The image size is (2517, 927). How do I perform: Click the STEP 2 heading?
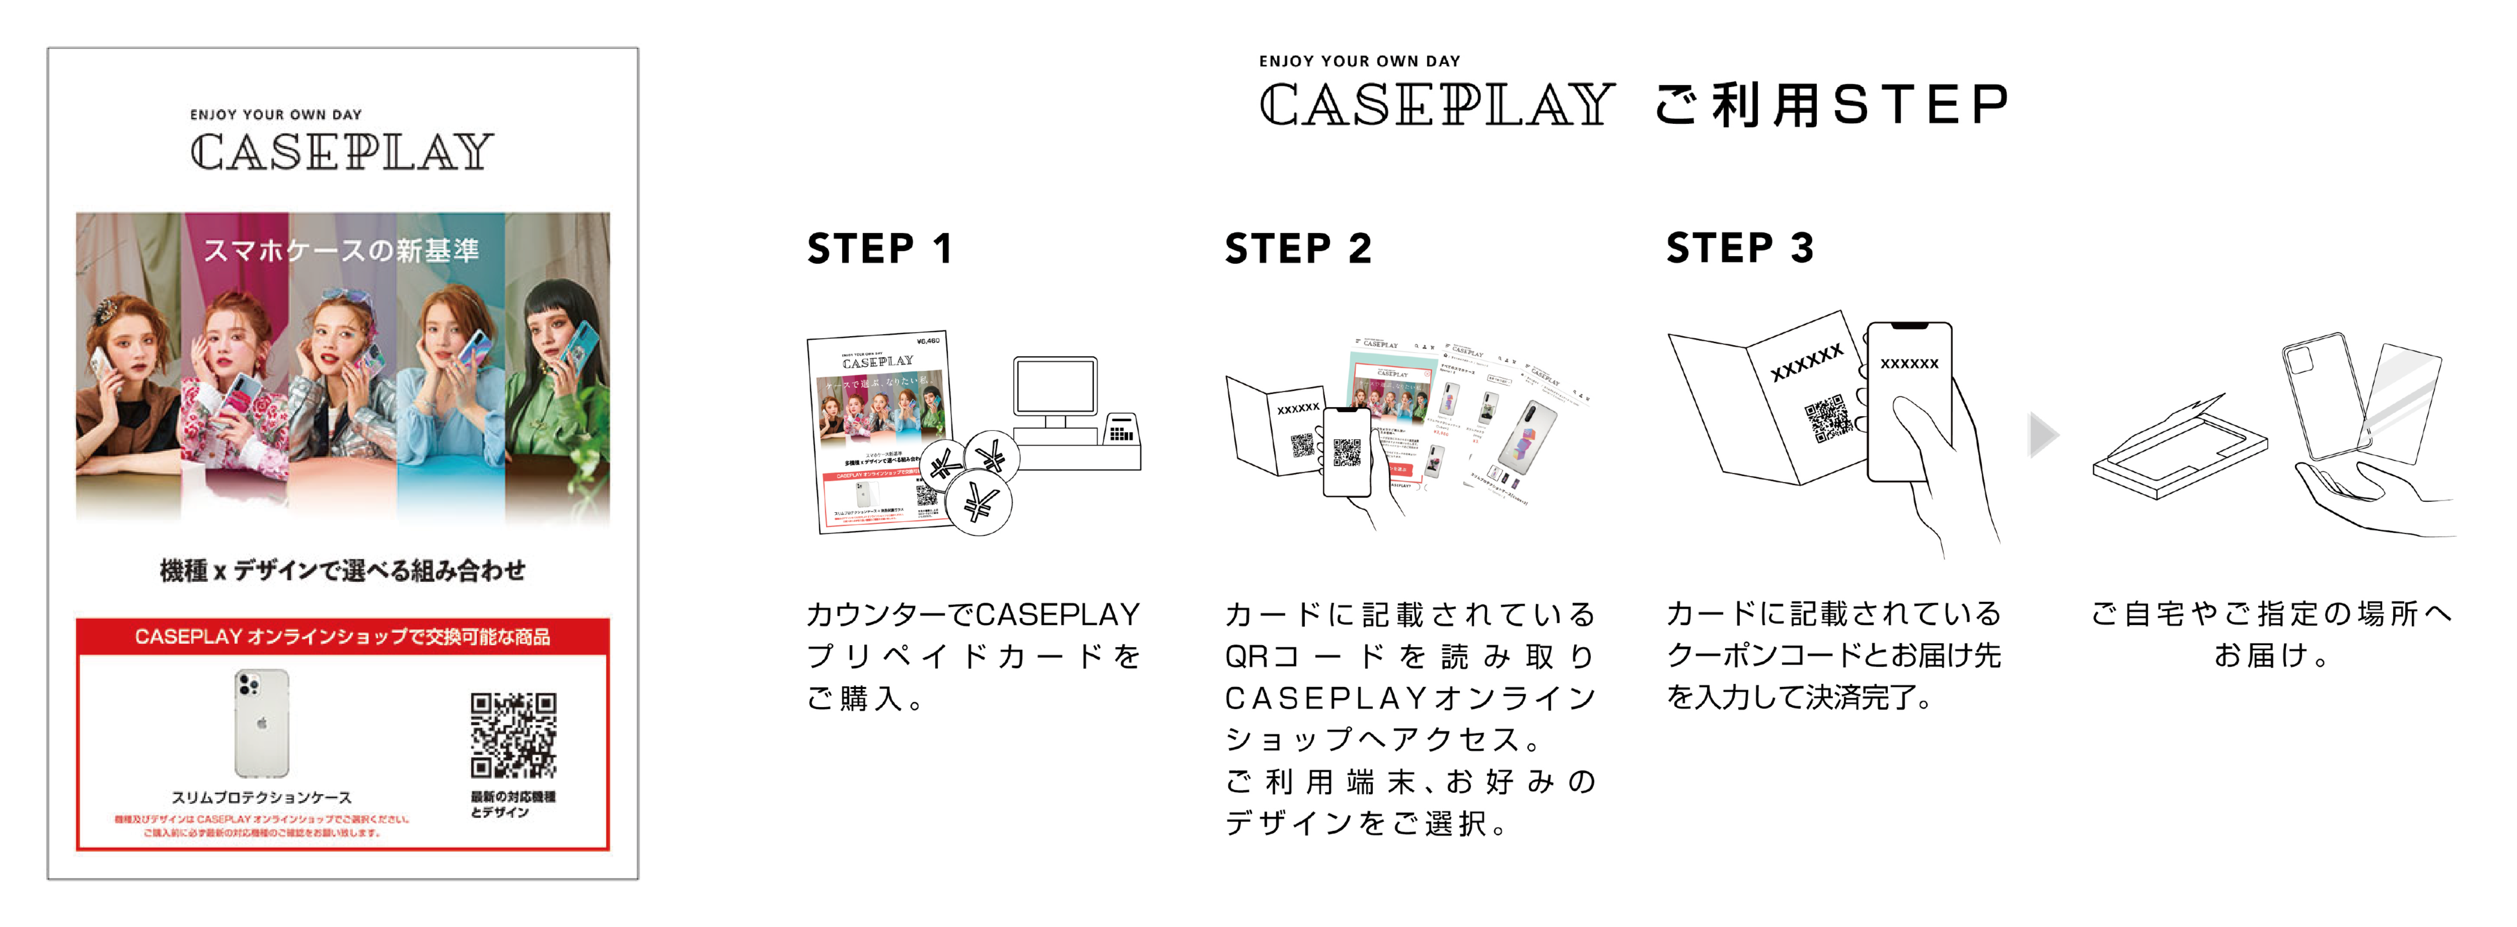tap(1298, 249)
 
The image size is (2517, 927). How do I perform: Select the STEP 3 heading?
tap(1739, 248)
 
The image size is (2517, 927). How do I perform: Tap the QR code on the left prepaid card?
tap(513, 735)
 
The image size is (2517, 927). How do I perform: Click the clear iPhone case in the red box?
tap(262, 723)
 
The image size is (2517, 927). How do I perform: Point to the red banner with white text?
tap(342, 637)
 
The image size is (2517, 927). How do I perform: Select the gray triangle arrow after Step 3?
tap(2042, 435)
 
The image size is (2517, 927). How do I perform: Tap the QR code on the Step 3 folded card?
tap(1825, 418)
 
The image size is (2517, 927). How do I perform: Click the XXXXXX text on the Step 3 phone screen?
tap(1909, 363)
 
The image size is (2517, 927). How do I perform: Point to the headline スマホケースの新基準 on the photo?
tap(342, 251)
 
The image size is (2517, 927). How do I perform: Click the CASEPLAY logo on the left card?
tap(342, 152)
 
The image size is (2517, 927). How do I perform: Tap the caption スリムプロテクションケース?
tap(262, 797)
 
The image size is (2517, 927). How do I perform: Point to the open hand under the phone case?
tap(2365, 498)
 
